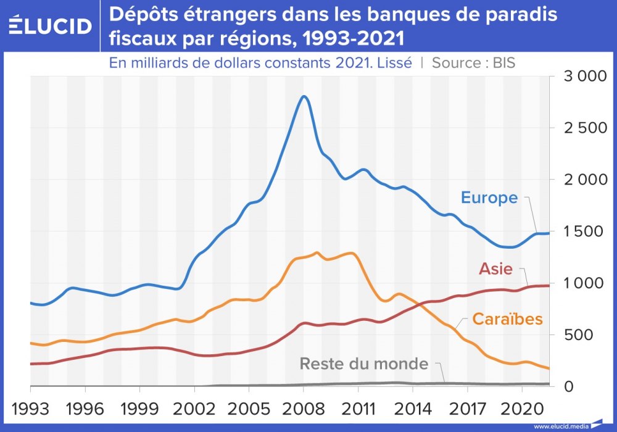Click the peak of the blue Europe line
(x=303, y=96)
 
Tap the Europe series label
(x=489, y=197)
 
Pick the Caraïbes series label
(x=507, y=318)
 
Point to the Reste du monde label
(x=364, y=363)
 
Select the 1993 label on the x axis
(x=30, y=409)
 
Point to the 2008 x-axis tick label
(x=303, y=409)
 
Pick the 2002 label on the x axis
(x=194, y=409)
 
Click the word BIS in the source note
(x=503, y=62)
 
